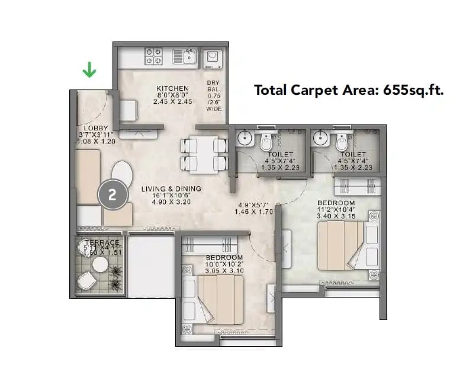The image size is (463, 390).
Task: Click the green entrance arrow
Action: (x=89, y=71)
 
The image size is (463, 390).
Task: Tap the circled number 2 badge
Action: (x=112, y=194)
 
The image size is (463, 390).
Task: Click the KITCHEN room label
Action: (x=172, y=88)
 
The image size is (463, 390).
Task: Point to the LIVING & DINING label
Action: (x=171, y=189)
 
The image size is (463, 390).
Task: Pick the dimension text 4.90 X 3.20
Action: (x=171, y=203)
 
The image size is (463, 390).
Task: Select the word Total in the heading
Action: (x=270, y=90)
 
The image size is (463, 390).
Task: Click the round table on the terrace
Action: (x=99, y=263)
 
